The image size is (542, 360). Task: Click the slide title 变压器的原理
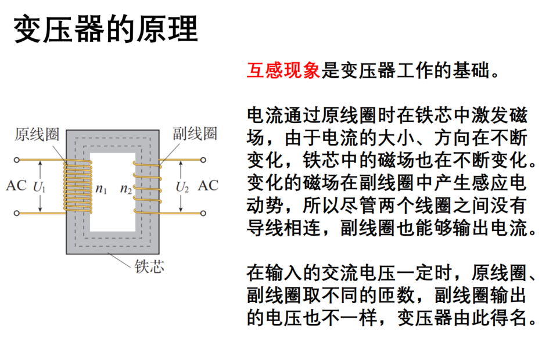pos(106,29)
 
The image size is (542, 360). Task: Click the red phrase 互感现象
pos(283,70)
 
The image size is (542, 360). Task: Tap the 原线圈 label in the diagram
pos(37,134)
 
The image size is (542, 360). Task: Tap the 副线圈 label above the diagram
pos(195,134)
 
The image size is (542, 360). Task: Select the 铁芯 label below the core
pos(149,266)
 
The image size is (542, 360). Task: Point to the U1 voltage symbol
pos(39,187)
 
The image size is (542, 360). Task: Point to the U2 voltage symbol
pos(182,187)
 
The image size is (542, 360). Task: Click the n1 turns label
pos(101,189)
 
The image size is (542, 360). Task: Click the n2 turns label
pos(126,189)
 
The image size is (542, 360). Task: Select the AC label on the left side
pos(16,186)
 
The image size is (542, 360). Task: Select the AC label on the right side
pos(208,186)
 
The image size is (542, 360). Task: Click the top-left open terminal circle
pos(17,160)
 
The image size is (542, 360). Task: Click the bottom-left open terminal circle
pos(17,213)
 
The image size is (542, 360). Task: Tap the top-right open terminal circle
pos(203,160)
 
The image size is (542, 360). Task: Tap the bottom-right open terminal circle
pos(203,213)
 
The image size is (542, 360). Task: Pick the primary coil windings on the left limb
pos(78,186)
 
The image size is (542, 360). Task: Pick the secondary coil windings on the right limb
pos(148,187)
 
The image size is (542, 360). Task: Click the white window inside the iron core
pos(113,192)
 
